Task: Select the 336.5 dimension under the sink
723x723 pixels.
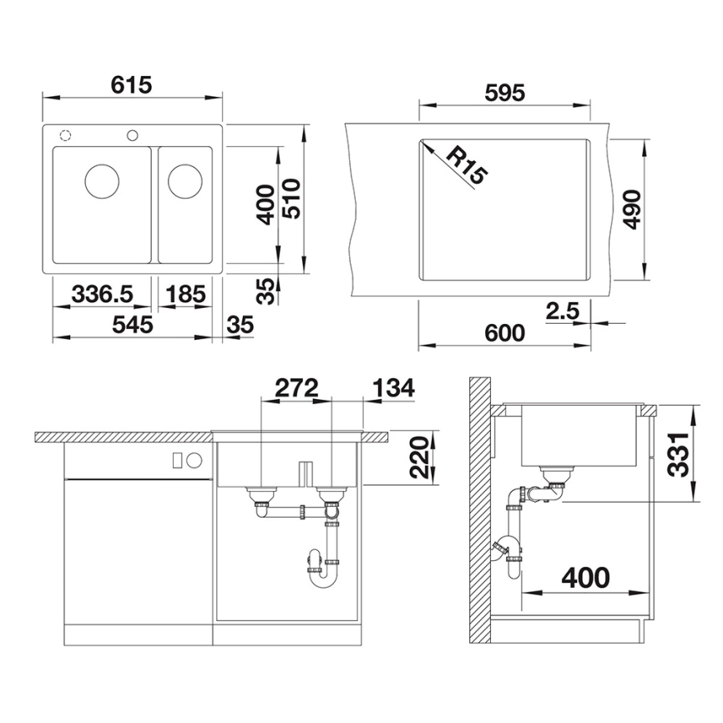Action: (103, 294)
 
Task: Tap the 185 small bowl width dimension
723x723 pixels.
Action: (185, 294)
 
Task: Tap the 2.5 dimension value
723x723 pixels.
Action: (562, 311)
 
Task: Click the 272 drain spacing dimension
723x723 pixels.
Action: (296, 387)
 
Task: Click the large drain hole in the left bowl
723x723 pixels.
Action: (101, 179)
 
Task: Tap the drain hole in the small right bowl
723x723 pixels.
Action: (184, 178)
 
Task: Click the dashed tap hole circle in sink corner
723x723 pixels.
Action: (65, 135)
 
